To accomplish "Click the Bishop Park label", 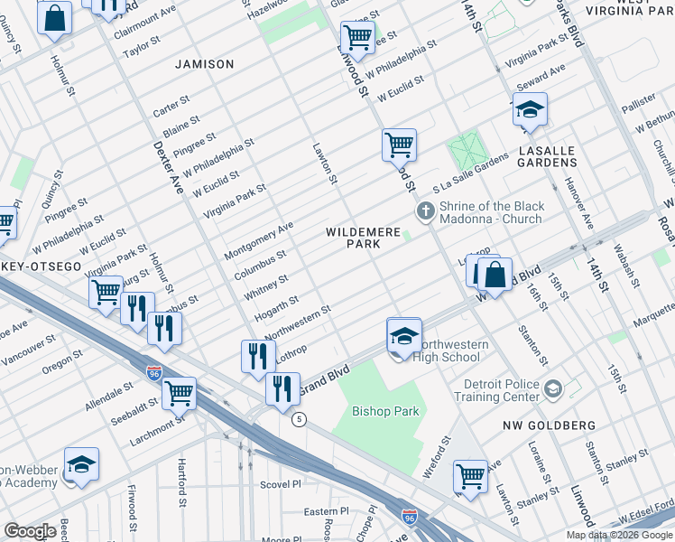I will click(x=385, y=411).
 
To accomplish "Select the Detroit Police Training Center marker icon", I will click(x=553, y=389).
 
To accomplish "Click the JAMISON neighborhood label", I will click(x=205, y=64).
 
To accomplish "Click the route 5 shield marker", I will click(x=299, y=419).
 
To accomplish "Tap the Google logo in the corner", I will click(x=30, y=531).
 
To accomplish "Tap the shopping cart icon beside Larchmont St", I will click(x=179, y=393).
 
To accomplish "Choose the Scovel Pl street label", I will click(x=285, y=483).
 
